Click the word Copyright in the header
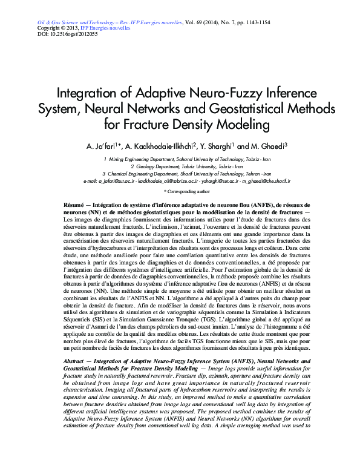coord(50,28)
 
